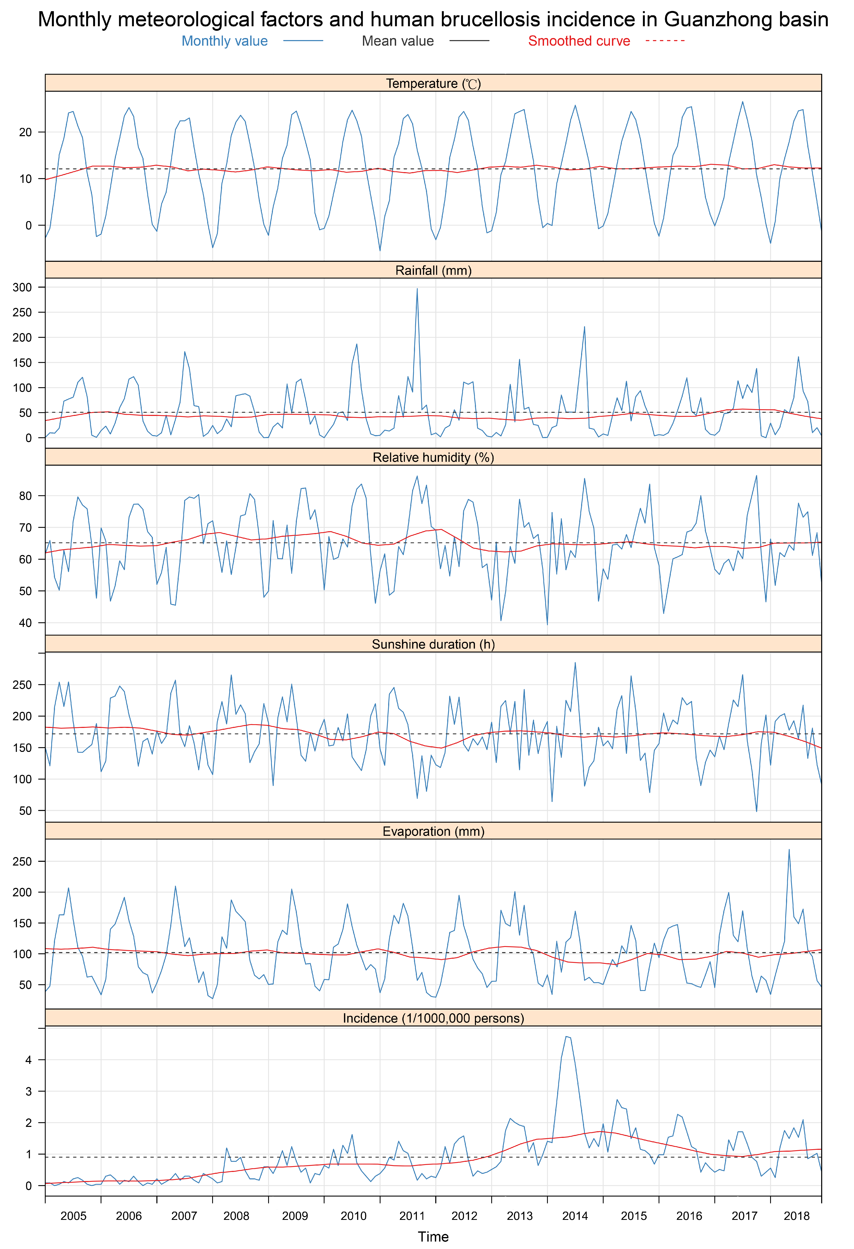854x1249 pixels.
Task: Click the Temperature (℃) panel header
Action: click(433, 83)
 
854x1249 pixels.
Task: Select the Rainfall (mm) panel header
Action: click(433, 270)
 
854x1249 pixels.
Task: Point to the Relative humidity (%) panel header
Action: click(433, 457)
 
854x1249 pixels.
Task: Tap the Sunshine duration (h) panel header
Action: click(433, 644)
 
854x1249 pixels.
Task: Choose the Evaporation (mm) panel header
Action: click(433, 831)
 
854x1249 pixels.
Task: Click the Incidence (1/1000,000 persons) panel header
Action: click(433, 1018)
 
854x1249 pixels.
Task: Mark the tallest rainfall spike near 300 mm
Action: click(417, 289)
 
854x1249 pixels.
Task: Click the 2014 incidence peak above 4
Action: click(566, 1037)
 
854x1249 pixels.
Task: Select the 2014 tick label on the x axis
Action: click(575, 1216)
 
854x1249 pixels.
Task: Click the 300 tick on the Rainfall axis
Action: click(23, 288)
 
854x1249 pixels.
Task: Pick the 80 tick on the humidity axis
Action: click(25, 496)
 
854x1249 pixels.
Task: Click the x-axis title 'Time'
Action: click(433, 1237)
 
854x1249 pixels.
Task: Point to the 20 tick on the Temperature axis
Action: click(25, 132)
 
